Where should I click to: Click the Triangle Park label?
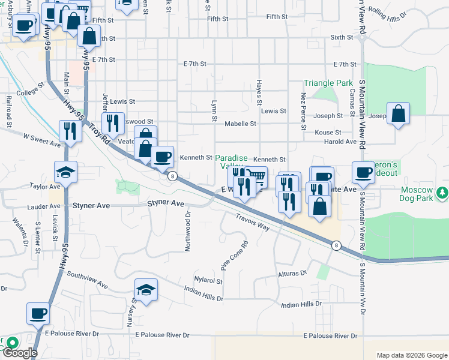[x=328, y=83]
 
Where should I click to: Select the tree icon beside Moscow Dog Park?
[x=442, y=193]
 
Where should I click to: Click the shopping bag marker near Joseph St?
[x=398, y=113]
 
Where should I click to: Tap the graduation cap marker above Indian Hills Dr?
[x=146, y=290]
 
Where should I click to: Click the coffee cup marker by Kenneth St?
[x=162, y=157]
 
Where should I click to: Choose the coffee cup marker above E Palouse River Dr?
[x=38, y=313]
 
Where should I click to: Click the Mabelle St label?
[x=240, y=124]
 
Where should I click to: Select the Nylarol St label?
[x=208, y=280]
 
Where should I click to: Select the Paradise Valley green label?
[x=231, y=161]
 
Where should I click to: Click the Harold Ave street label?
[x=340, y=142]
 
